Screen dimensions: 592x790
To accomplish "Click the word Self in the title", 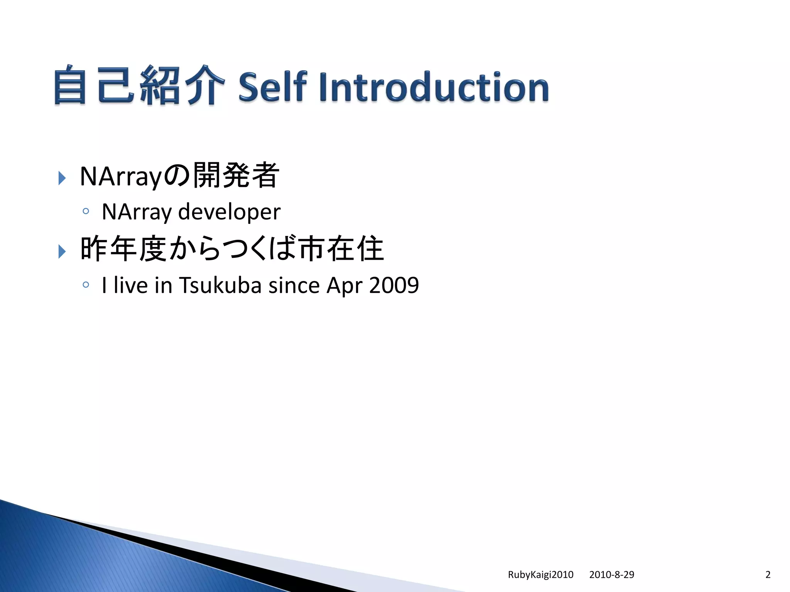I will click(272, 87).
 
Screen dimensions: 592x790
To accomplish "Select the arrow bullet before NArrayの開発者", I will click(62, 178).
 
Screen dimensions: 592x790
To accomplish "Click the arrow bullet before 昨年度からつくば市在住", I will click(62, 251).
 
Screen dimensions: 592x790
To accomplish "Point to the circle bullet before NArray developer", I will click(86, 211).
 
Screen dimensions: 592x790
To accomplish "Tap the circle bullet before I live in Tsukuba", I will click(86, 285).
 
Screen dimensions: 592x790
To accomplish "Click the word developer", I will click(229, 212).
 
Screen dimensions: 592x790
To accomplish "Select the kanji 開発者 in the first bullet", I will click(236, 176).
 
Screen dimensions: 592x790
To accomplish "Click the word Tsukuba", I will click(220, 286).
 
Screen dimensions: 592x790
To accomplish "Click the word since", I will click(294, 286).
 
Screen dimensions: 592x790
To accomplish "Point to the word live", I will click(130, 286).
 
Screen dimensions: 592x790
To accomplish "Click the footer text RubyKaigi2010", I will click(540, 575).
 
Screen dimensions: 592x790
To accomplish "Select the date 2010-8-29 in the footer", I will click(611, 575).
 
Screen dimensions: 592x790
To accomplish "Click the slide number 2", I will click(768, 575).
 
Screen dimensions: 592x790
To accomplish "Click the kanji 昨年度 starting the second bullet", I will click(123, 249).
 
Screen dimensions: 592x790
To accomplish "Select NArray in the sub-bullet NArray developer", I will click(137, 212).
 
